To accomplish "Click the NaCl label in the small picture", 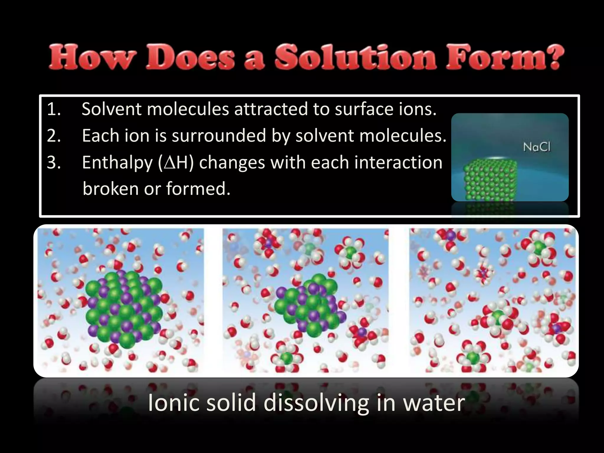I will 537,147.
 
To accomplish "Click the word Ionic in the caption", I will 172,403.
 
